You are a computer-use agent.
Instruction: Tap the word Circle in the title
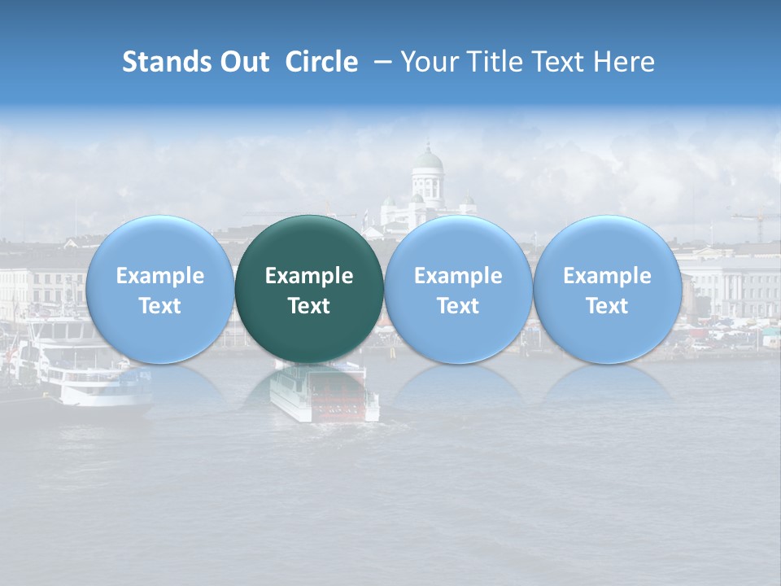point(321,62)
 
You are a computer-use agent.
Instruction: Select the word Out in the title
point(244,62)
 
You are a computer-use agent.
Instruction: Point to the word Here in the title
point(623,62)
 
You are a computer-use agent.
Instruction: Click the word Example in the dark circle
point(309,276)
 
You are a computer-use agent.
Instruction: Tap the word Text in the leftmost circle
point(159,306)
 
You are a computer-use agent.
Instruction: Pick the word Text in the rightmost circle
point(607,306)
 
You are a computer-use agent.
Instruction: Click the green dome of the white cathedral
point(427,158)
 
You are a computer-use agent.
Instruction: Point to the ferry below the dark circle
point(324,394)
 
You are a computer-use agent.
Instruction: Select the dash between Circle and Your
point(379,62)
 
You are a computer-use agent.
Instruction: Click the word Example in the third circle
point(458,276)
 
